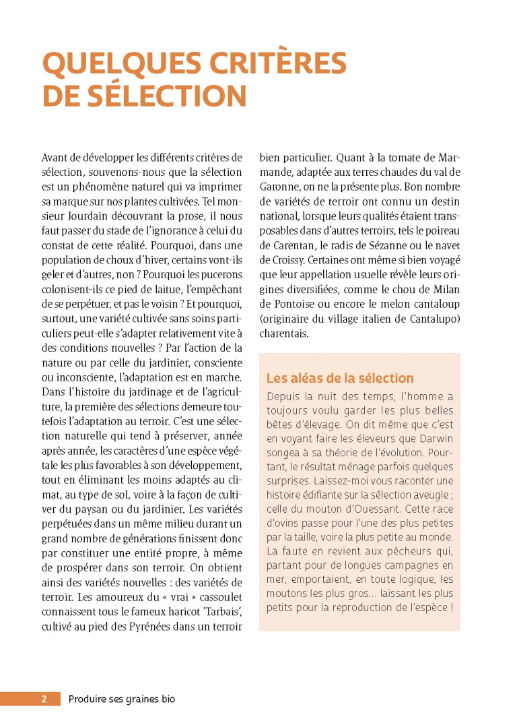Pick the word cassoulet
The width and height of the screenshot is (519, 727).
(x=215, y=598)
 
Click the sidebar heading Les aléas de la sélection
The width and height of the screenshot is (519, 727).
(x=340, y=378)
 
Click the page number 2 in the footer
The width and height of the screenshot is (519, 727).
(x=44, y=699)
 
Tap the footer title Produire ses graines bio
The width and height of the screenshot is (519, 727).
(x=122, y=699)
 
